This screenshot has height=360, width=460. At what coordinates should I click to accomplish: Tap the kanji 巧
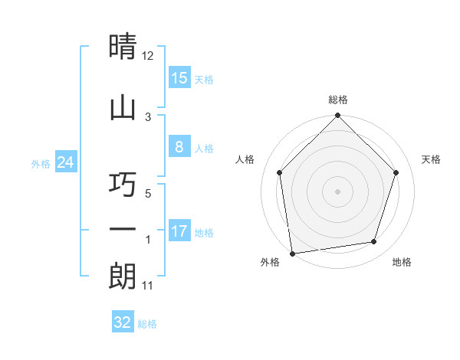point(123,185)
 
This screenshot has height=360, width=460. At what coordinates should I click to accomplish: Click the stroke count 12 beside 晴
point(148,56)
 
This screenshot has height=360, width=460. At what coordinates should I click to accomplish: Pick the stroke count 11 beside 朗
point(148,286)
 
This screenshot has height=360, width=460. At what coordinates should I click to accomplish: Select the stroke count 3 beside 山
point(148,116)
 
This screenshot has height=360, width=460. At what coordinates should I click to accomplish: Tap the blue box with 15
point(179,77)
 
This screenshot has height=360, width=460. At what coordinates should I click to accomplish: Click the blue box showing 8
point(179,147)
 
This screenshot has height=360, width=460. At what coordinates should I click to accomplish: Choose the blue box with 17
point(179,231)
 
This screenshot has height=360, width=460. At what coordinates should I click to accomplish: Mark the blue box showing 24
point(66,162)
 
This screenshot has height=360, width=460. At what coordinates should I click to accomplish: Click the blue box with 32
point(123,322)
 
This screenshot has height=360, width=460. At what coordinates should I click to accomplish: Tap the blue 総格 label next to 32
point(147,324)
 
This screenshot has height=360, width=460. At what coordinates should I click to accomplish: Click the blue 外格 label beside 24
point(41,164)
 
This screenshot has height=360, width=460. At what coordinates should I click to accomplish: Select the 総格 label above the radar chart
point(338,100)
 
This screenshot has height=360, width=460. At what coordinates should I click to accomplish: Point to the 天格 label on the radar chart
point(431,159)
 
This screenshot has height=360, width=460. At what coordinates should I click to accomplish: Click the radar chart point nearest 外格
point(292,253)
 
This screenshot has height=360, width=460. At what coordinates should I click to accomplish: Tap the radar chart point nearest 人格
point(280,172)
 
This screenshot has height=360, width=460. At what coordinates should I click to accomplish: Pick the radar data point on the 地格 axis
point(374,241)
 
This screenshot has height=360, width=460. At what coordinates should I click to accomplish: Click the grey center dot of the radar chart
point(338,191)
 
